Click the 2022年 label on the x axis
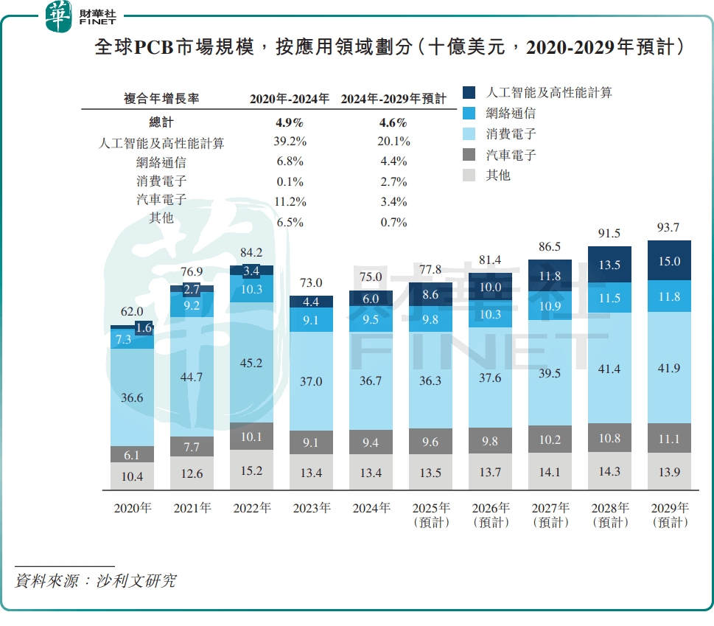252,508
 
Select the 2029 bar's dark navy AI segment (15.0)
669,261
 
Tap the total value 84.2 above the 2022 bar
252,253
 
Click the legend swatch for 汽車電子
470,156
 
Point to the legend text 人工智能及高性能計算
549,92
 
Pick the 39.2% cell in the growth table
290,142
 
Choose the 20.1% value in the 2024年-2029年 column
394,142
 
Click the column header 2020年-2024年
290,99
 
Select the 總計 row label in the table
161,122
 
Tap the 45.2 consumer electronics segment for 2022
252,362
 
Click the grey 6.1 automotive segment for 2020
132,455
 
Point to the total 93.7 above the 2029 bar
669,228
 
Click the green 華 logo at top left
58,16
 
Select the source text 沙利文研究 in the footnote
136,580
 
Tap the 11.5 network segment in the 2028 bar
609,298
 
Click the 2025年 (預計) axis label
431,515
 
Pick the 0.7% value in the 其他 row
394,222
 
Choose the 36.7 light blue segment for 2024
371,380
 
